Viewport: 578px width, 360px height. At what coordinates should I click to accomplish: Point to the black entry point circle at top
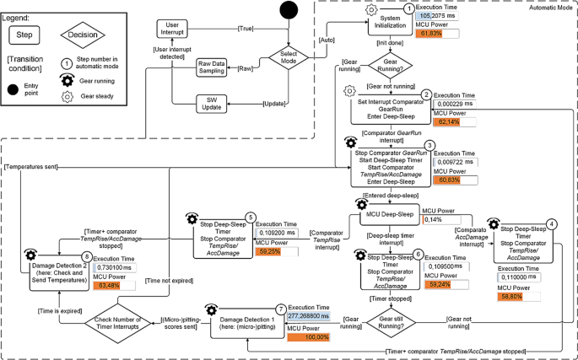[289, 12]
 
